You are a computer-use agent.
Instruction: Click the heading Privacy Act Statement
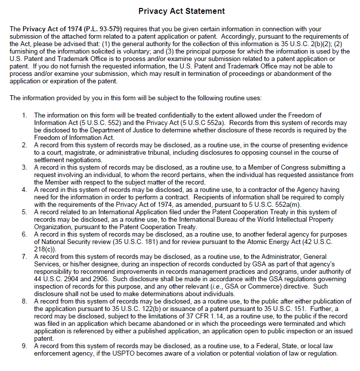(x=181, y=11)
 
